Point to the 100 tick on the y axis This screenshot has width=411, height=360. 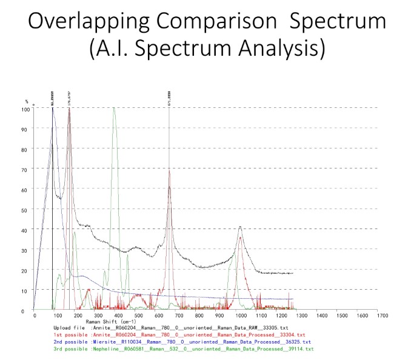[26, 110]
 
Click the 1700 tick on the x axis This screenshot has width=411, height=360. [382, 316]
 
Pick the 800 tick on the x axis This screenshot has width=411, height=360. [198, 316]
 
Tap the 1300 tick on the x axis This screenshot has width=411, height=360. [301, 316]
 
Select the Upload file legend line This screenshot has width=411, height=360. [182, 327]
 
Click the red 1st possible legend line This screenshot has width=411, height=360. [182, 335]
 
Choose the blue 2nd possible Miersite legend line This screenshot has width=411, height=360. [182, 342]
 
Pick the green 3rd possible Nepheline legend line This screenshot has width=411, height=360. [182, 349]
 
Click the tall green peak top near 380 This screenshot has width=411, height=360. [113, 108]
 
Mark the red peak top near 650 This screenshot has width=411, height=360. [169, 171]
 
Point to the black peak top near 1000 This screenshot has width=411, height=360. [241, 227]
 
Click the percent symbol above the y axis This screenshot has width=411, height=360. [26, 101]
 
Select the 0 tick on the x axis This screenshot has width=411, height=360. [35, 316]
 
